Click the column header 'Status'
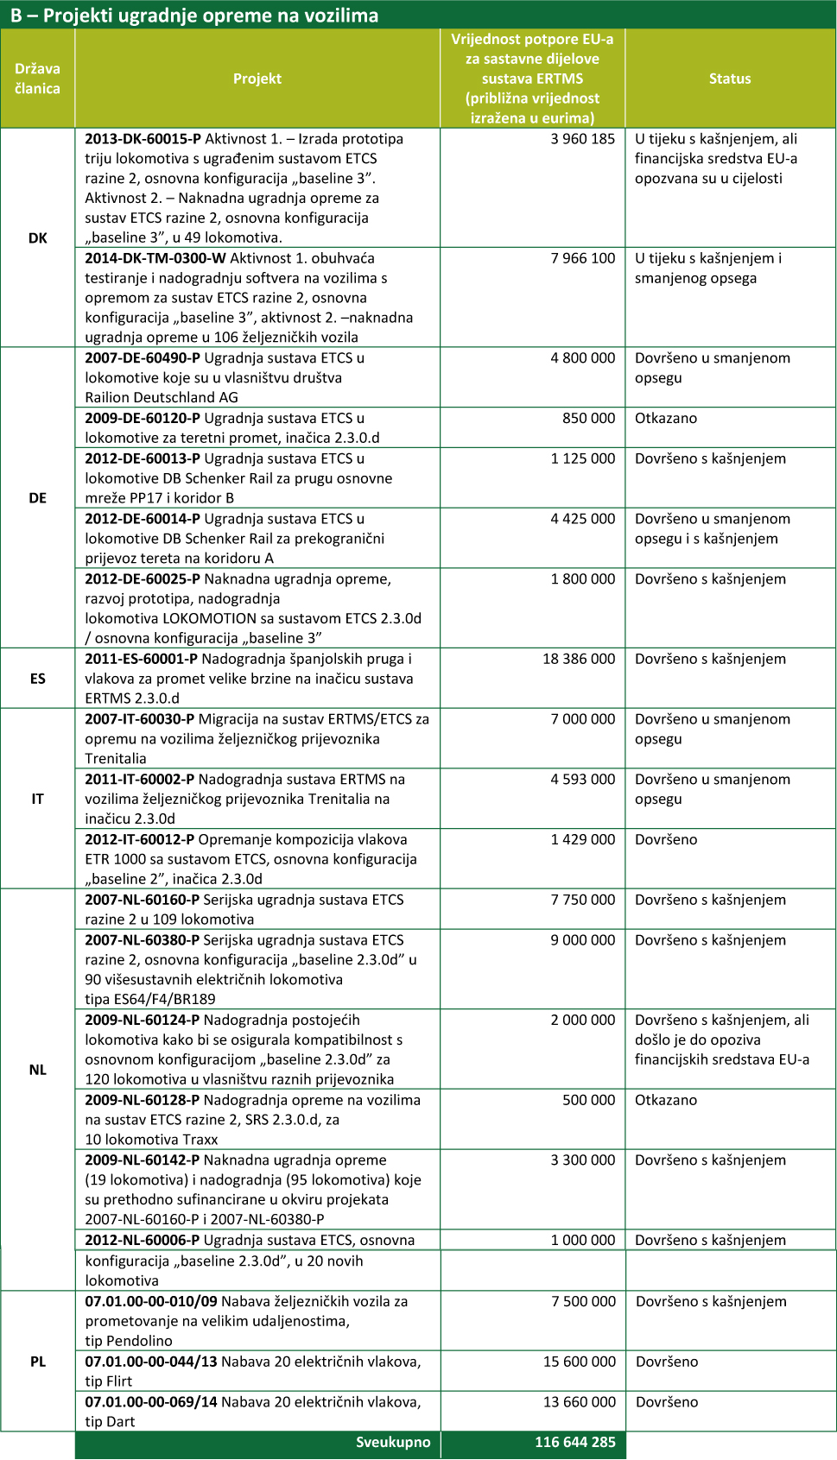click(x=730, y=79)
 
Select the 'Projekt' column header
click(x=257, y=79)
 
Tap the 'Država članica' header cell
click(x=38, y=79)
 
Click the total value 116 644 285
click(x=574, y=1442)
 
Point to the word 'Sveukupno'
click(x=393, y=1442)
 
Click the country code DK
click(x=38, y=237)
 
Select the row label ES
click(x=38, y=679)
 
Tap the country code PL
click(x=38, y=1362)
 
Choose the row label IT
click(x=38, y=799)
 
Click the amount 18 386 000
click(x=579, y=659)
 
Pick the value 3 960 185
click(x=583, y=139)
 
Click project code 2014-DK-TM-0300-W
click(x=155, y=258)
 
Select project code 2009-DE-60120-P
click(x=143, y=418)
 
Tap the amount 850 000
click(x=589, y=418)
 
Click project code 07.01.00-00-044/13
click(x=151, y=1362)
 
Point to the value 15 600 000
click(x=580, y=1362)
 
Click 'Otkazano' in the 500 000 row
click(x=666, y=1100)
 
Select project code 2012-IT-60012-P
click(x=140, y=839)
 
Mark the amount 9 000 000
click(x=583, y=940)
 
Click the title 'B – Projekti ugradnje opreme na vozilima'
click(x=194, y=16)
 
